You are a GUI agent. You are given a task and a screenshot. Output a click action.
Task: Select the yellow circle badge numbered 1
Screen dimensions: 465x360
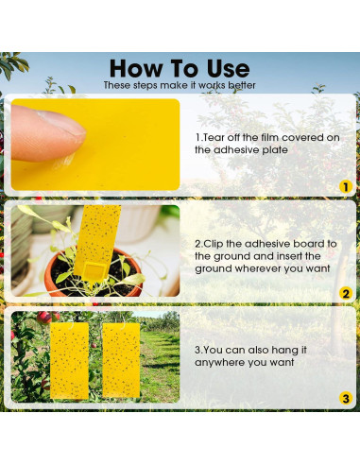(x=346, y=186)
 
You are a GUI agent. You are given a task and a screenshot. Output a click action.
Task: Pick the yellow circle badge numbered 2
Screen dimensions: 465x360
(x=346, y=293)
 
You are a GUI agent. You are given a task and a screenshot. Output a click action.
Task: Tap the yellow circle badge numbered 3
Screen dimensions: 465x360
(x=346, y=400)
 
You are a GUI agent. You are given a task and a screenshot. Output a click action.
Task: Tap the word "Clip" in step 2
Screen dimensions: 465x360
(x=223, y=243)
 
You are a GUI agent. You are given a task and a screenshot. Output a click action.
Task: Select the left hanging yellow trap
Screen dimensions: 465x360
(x=70, y=360)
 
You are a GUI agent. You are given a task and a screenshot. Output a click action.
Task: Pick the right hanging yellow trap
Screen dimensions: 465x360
(x=120, y=360)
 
